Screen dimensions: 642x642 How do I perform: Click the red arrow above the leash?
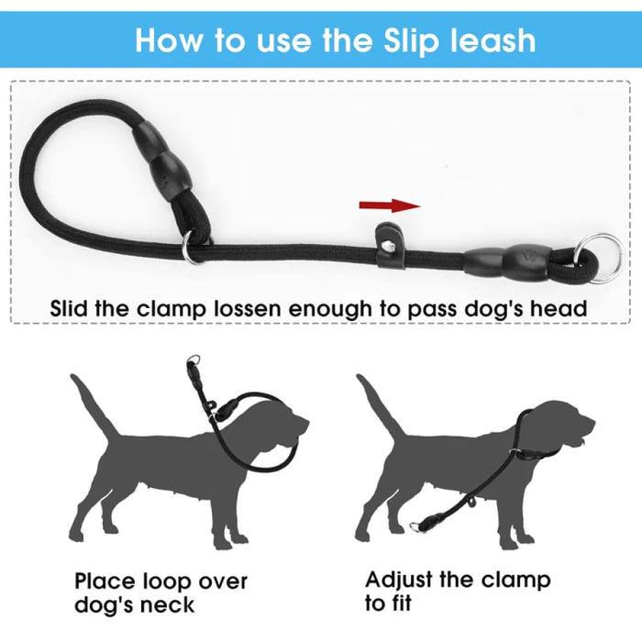(390, 205)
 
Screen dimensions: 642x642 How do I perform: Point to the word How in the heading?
(169, 40)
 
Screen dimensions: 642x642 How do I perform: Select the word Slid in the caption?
(69, 308)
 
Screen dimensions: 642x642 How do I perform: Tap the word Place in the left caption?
(105, 581)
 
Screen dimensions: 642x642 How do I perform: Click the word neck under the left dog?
(167, 605)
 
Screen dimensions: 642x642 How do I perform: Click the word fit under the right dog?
(399, 603)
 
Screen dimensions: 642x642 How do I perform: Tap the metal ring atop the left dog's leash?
(194, 360)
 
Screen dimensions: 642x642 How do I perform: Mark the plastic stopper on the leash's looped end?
(164, 160)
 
